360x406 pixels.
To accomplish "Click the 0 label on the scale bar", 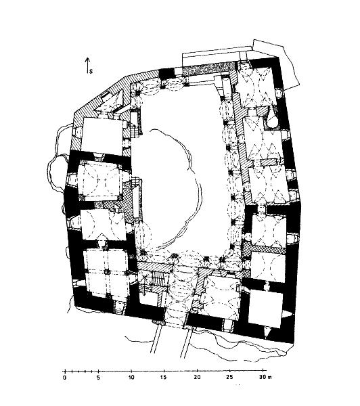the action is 64,378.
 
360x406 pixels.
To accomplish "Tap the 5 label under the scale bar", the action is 98,378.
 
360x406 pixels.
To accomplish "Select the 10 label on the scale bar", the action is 131,378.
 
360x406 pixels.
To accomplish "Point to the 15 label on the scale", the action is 164,378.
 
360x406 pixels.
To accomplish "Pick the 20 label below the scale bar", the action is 198,378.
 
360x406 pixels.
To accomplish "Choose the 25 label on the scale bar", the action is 229,378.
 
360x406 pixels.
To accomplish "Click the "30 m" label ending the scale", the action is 265,378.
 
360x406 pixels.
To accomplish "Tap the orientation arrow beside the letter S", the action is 87,65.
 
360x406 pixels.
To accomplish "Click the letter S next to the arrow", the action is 91,71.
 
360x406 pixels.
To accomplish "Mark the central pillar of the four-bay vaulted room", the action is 106,272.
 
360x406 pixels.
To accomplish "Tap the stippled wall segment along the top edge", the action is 208,70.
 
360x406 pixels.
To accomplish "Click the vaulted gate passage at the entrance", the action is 178,292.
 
